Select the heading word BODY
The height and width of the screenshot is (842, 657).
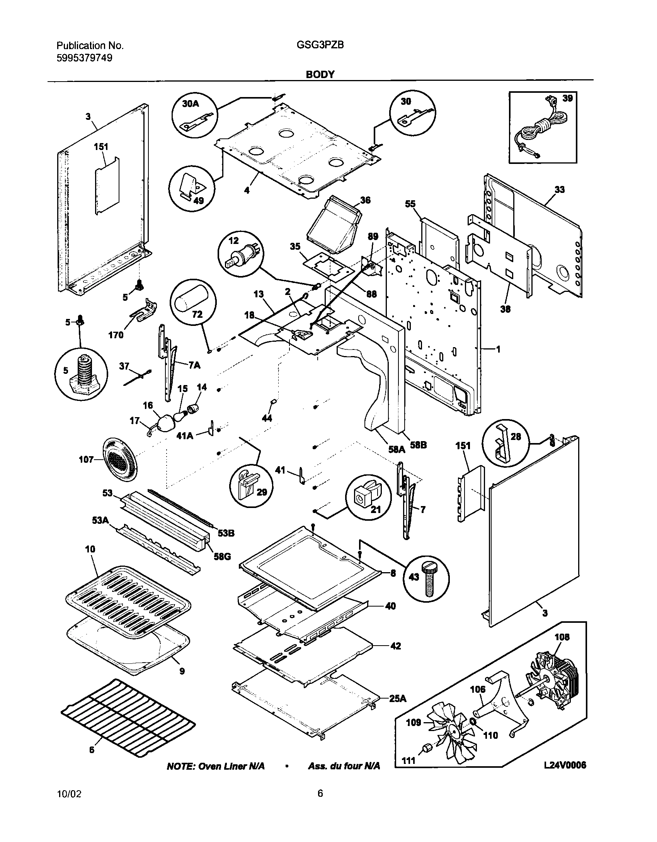(x=320, y=75)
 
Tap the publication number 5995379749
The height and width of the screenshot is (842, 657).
(x=85, y=58)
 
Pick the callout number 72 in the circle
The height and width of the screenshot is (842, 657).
(x=197, y=314)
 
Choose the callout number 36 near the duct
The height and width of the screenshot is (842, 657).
(x=365, y=200)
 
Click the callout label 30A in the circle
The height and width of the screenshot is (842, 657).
(x=191, y=104)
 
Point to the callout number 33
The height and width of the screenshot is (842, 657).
(x=559, y=189)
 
